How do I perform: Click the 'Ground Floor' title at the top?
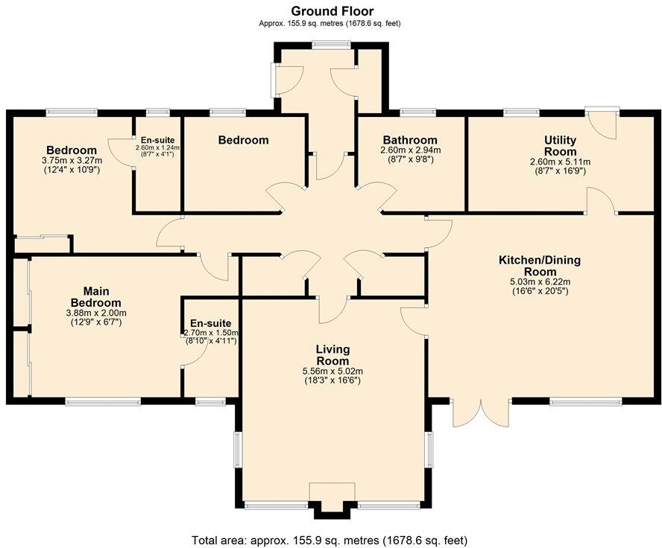click(x=332, y=10)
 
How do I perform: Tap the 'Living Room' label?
click(x=332, y=355)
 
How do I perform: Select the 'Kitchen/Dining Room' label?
click(x=539, y=266)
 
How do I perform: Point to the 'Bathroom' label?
click(x=409, y=140)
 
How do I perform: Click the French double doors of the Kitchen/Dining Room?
click(x=481, y=413)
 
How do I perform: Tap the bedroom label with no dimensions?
click(x=243, y=140)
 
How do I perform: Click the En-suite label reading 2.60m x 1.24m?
click(x=157, y=147)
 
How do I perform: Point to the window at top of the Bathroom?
click(x=418, y=112)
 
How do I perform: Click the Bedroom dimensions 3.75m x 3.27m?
click(x=72, y=160)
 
